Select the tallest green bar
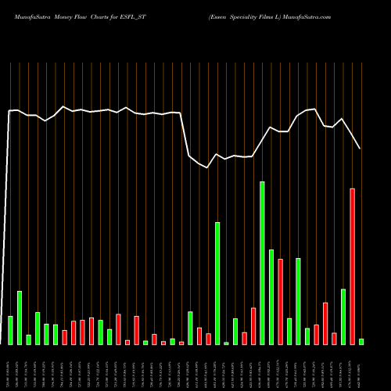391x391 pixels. click(x=262, y=263)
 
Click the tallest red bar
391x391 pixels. click(x=353, y=266)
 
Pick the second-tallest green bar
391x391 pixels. click(x=217, y=283)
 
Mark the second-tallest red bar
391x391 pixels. click(x=280, y=301)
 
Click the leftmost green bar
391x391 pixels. click(x=10, y=330)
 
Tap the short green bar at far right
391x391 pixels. click(x=361, y=342)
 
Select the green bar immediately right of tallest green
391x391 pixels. click(x=271, y=297)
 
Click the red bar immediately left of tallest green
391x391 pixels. click(x=253, y=326)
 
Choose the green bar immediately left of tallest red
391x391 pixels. click(x=343, y=317)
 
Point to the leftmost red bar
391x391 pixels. click(x=64, y=337)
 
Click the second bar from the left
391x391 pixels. click(x=20, y=317)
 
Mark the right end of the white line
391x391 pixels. click(x=360, y=148)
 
